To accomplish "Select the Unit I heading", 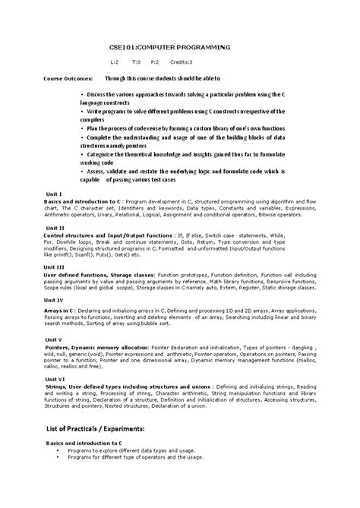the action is [x=54, y=194].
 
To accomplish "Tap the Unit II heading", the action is [x=55, y=228].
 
